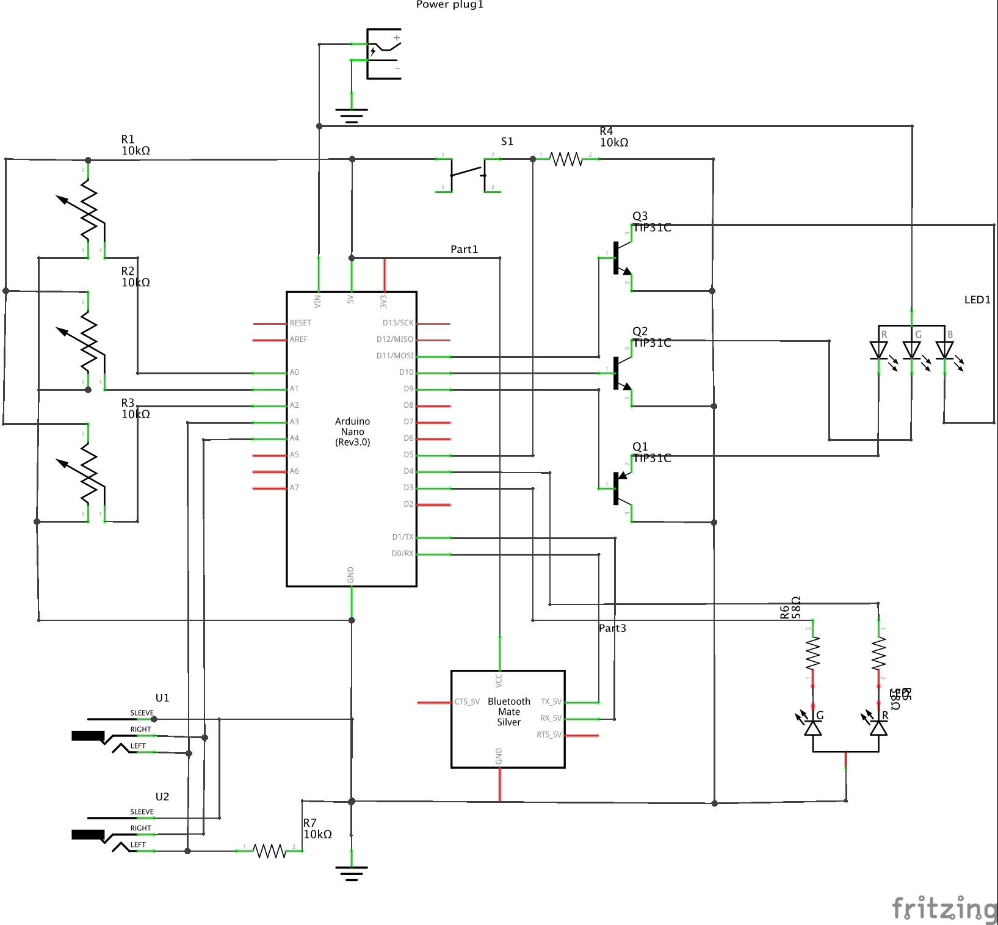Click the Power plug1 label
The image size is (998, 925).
point(449,5)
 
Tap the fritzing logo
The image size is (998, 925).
point(944,908)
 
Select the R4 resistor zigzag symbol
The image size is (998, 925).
point(566,159)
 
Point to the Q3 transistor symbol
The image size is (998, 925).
point(621,258)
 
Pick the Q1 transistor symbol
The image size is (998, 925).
point(621,488)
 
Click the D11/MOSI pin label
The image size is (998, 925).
point(395,356)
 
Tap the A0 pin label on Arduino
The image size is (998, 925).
point(294,372)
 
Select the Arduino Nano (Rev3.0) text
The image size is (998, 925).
point(352,432)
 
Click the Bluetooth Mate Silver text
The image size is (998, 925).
point(508,712)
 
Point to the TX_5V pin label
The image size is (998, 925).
point(551,702)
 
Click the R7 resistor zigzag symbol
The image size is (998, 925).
point(269,851)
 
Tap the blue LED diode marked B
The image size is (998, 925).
point(944,350)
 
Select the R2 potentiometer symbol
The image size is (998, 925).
point(89,342)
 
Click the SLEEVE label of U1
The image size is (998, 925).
point(142,713)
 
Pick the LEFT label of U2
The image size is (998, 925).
point(138,845)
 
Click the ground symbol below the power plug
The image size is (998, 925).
point(352,115)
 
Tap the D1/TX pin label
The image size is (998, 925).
point(402,537)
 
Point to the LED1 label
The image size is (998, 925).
point(977,300)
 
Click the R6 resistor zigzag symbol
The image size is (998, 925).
point(812,653)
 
